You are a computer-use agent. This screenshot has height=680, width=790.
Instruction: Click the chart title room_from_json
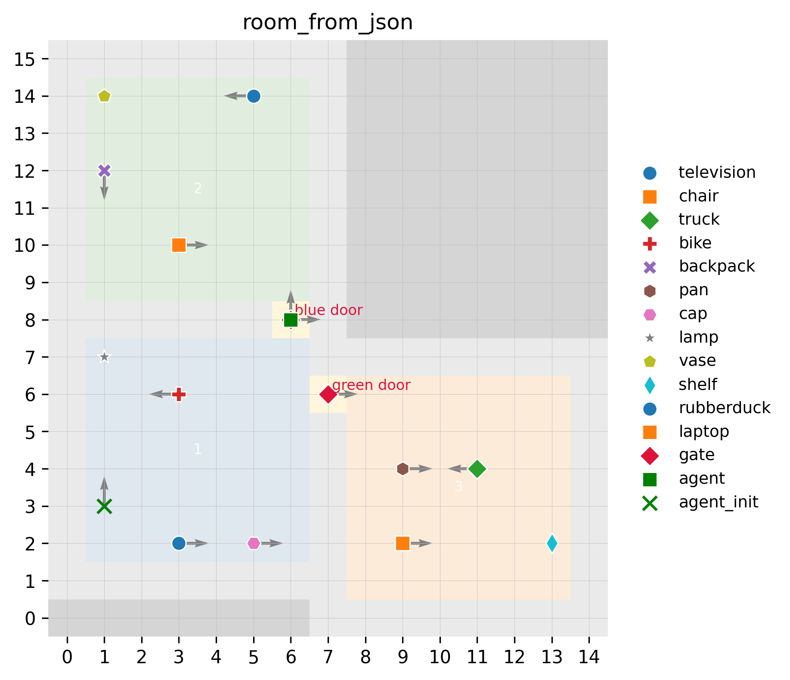click(328, 22)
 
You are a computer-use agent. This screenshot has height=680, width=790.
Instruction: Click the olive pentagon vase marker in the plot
click(104, 96)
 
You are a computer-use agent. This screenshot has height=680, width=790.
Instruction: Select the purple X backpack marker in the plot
click(104, 171)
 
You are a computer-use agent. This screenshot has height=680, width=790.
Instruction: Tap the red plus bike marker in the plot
click(179, 394)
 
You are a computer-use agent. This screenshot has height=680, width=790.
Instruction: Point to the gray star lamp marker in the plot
click(104, 357)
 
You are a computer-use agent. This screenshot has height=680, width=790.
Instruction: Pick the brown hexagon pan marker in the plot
click(403, 469)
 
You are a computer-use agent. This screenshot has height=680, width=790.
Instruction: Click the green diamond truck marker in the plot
click(477, 469)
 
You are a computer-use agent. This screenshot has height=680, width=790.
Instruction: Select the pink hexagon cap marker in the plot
click(254, 543)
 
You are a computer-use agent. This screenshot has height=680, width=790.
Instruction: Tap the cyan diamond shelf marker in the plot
click(552, 543)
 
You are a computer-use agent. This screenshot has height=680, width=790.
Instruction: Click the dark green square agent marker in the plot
click(291, 320)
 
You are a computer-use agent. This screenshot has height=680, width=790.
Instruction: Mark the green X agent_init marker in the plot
click(104, 506)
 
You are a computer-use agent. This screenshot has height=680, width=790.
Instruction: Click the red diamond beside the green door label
click(328, 394)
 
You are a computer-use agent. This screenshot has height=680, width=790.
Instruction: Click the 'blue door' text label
click(329, 310)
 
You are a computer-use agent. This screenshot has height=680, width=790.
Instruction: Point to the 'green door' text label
click(371, 385)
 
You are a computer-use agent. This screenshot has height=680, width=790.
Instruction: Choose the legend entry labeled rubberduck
click(725, 408)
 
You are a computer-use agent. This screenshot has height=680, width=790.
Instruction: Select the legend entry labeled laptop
click(704, 431)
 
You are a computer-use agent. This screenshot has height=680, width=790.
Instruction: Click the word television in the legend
click(717, 172)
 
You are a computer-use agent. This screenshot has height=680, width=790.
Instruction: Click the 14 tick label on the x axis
click(589, 658)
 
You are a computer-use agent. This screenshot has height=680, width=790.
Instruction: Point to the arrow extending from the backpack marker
click(104, 188)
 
